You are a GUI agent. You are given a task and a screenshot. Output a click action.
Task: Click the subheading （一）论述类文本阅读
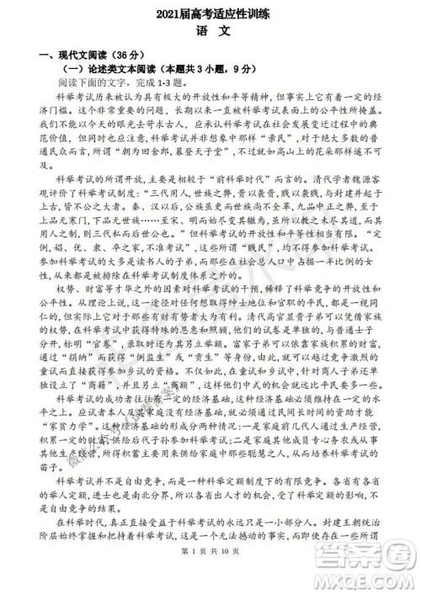115,71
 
